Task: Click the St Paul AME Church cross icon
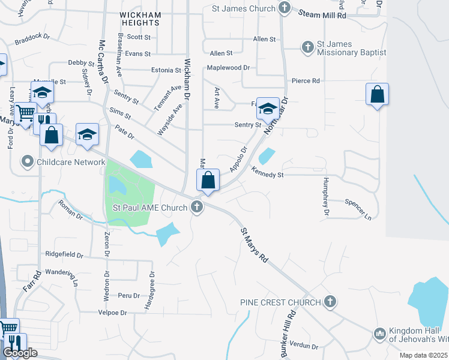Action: [196, 208]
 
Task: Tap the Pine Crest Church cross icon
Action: [330, 302]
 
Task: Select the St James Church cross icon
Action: [285, 9]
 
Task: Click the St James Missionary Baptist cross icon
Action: [307, 47]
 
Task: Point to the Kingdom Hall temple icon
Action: [379, 333]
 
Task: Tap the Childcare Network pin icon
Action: [27, 162]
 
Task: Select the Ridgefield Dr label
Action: [64, 254]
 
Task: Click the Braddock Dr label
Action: [31, 43]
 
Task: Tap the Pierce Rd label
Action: [306, 80]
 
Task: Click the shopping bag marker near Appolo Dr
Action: [208, 181]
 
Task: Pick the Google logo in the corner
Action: [20, 353]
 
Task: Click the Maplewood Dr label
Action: [228, 67]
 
